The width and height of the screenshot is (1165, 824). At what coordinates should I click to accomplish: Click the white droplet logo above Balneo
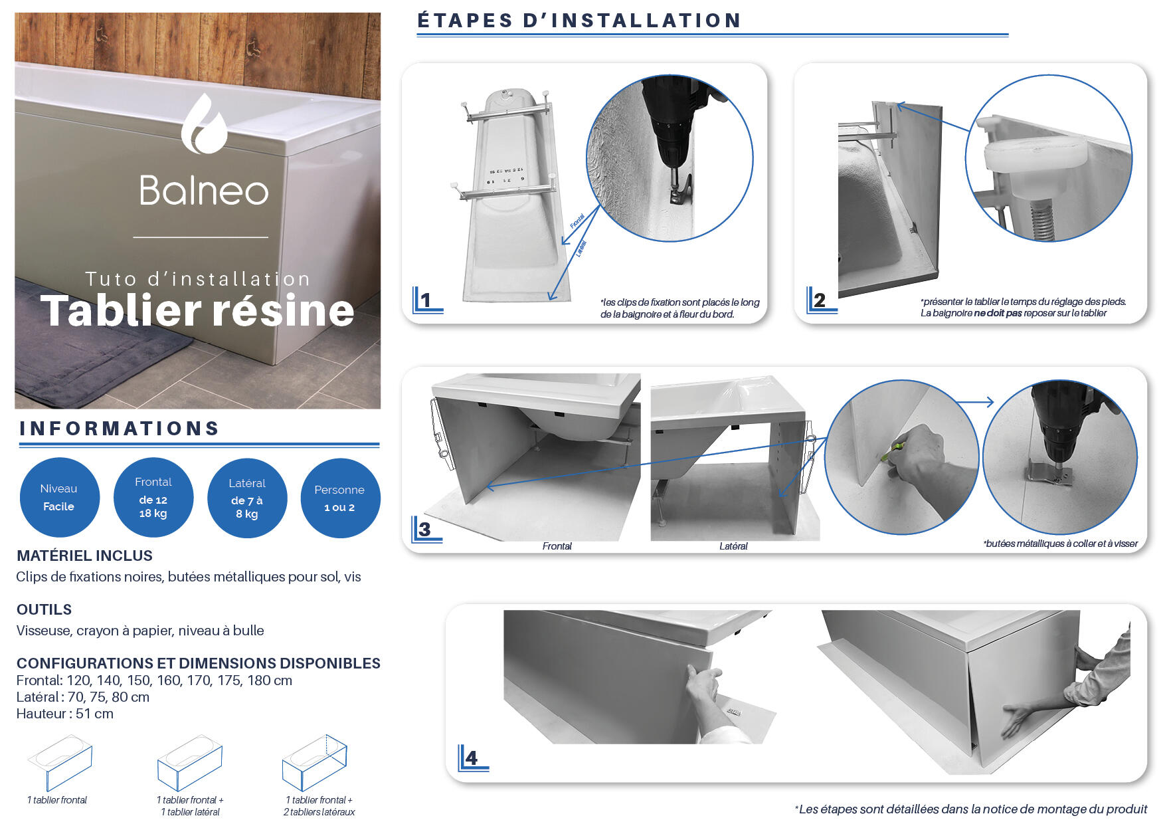pos(204,124)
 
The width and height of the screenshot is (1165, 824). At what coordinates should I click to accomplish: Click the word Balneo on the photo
pos(204,191)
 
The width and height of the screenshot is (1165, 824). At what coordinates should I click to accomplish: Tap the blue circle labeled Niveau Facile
pos(59,497)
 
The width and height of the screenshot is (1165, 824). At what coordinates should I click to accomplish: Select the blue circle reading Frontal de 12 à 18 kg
pos(153,497)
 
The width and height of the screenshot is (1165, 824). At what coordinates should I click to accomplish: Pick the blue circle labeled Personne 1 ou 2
pos(340,498)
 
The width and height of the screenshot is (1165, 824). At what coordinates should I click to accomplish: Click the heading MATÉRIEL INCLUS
pos(84,556)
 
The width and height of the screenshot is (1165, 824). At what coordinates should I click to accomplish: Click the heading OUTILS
pos(44,609)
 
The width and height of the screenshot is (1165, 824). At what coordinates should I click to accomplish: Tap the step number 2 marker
pos(820,300)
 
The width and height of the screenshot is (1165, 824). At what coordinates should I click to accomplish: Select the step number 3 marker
pos(425,530)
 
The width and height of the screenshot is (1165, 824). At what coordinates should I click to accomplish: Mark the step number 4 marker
pos(472,758)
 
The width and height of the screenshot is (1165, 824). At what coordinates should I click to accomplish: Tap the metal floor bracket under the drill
pos(1049,474)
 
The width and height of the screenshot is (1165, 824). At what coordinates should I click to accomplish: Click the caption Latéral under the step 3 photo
pos(733,546)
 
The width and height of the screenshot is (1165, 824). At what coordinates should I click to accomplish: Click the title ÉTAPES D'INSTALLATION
pos(579,21)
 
